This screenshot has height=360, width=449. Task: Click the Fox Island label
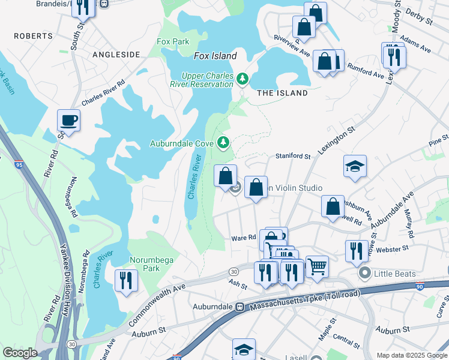pos(215,56)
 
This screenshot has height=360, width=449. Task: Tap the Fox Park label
pos(172,42)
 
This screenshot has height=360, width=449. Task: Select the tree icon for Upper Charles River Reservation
pos(242,79)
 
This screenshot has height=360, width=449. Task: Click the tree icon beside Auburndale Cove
pos(223,142)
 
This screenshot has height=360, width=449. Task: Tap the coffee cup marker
pos(68,120)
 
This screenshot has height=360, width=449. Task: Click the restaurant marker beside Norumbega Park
pos(126,280)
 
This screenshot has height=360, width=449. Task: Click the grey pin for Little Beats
pos(364,274)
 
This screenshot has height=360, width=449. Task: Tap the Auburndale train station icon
pos(240,307)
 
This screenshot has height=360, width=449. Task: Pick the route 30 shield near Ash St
pos(233,272)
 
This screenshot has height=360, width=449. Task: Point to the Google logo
pos(20,353)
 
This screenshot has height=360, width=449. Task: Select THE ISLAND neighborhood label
pos(282,93)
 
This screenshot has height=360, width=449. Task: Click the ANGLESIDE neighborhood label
pos(116,55)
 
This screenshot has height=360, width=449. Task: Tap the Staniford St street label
pos(292,156)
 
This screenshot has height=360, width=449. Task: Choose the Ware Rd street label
pos(244,238)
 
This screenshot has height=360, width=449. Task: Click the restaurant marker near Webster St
pos(357,251)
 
